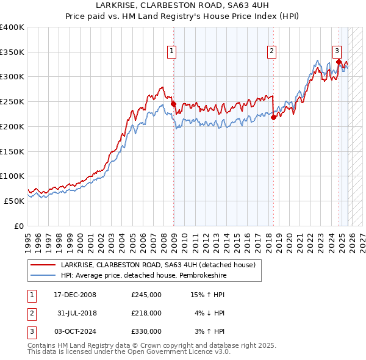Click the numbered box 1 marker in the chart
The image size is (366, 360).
coord(172,52)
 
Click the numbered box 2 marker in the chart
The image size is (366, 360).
coord(271,52)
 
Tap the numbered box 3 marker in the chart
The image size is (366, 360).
coord(337,51)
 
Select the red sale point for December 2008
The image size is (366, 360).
coord(173,104)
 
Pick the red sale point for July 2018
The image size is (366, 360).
coord(273,118)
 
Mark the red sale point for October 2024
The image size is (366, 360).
coord(338,62)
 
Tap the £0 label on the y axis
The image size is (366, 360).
coord(18,226)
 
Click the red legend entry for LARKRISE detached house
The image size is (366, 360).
coord(144,265)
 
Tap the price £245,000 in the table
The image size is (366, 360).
coord(146,295)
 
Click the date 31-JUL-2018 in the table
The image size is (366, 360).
coord(75,313)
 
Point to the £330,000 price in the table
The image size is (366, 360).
coord(146,331)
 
